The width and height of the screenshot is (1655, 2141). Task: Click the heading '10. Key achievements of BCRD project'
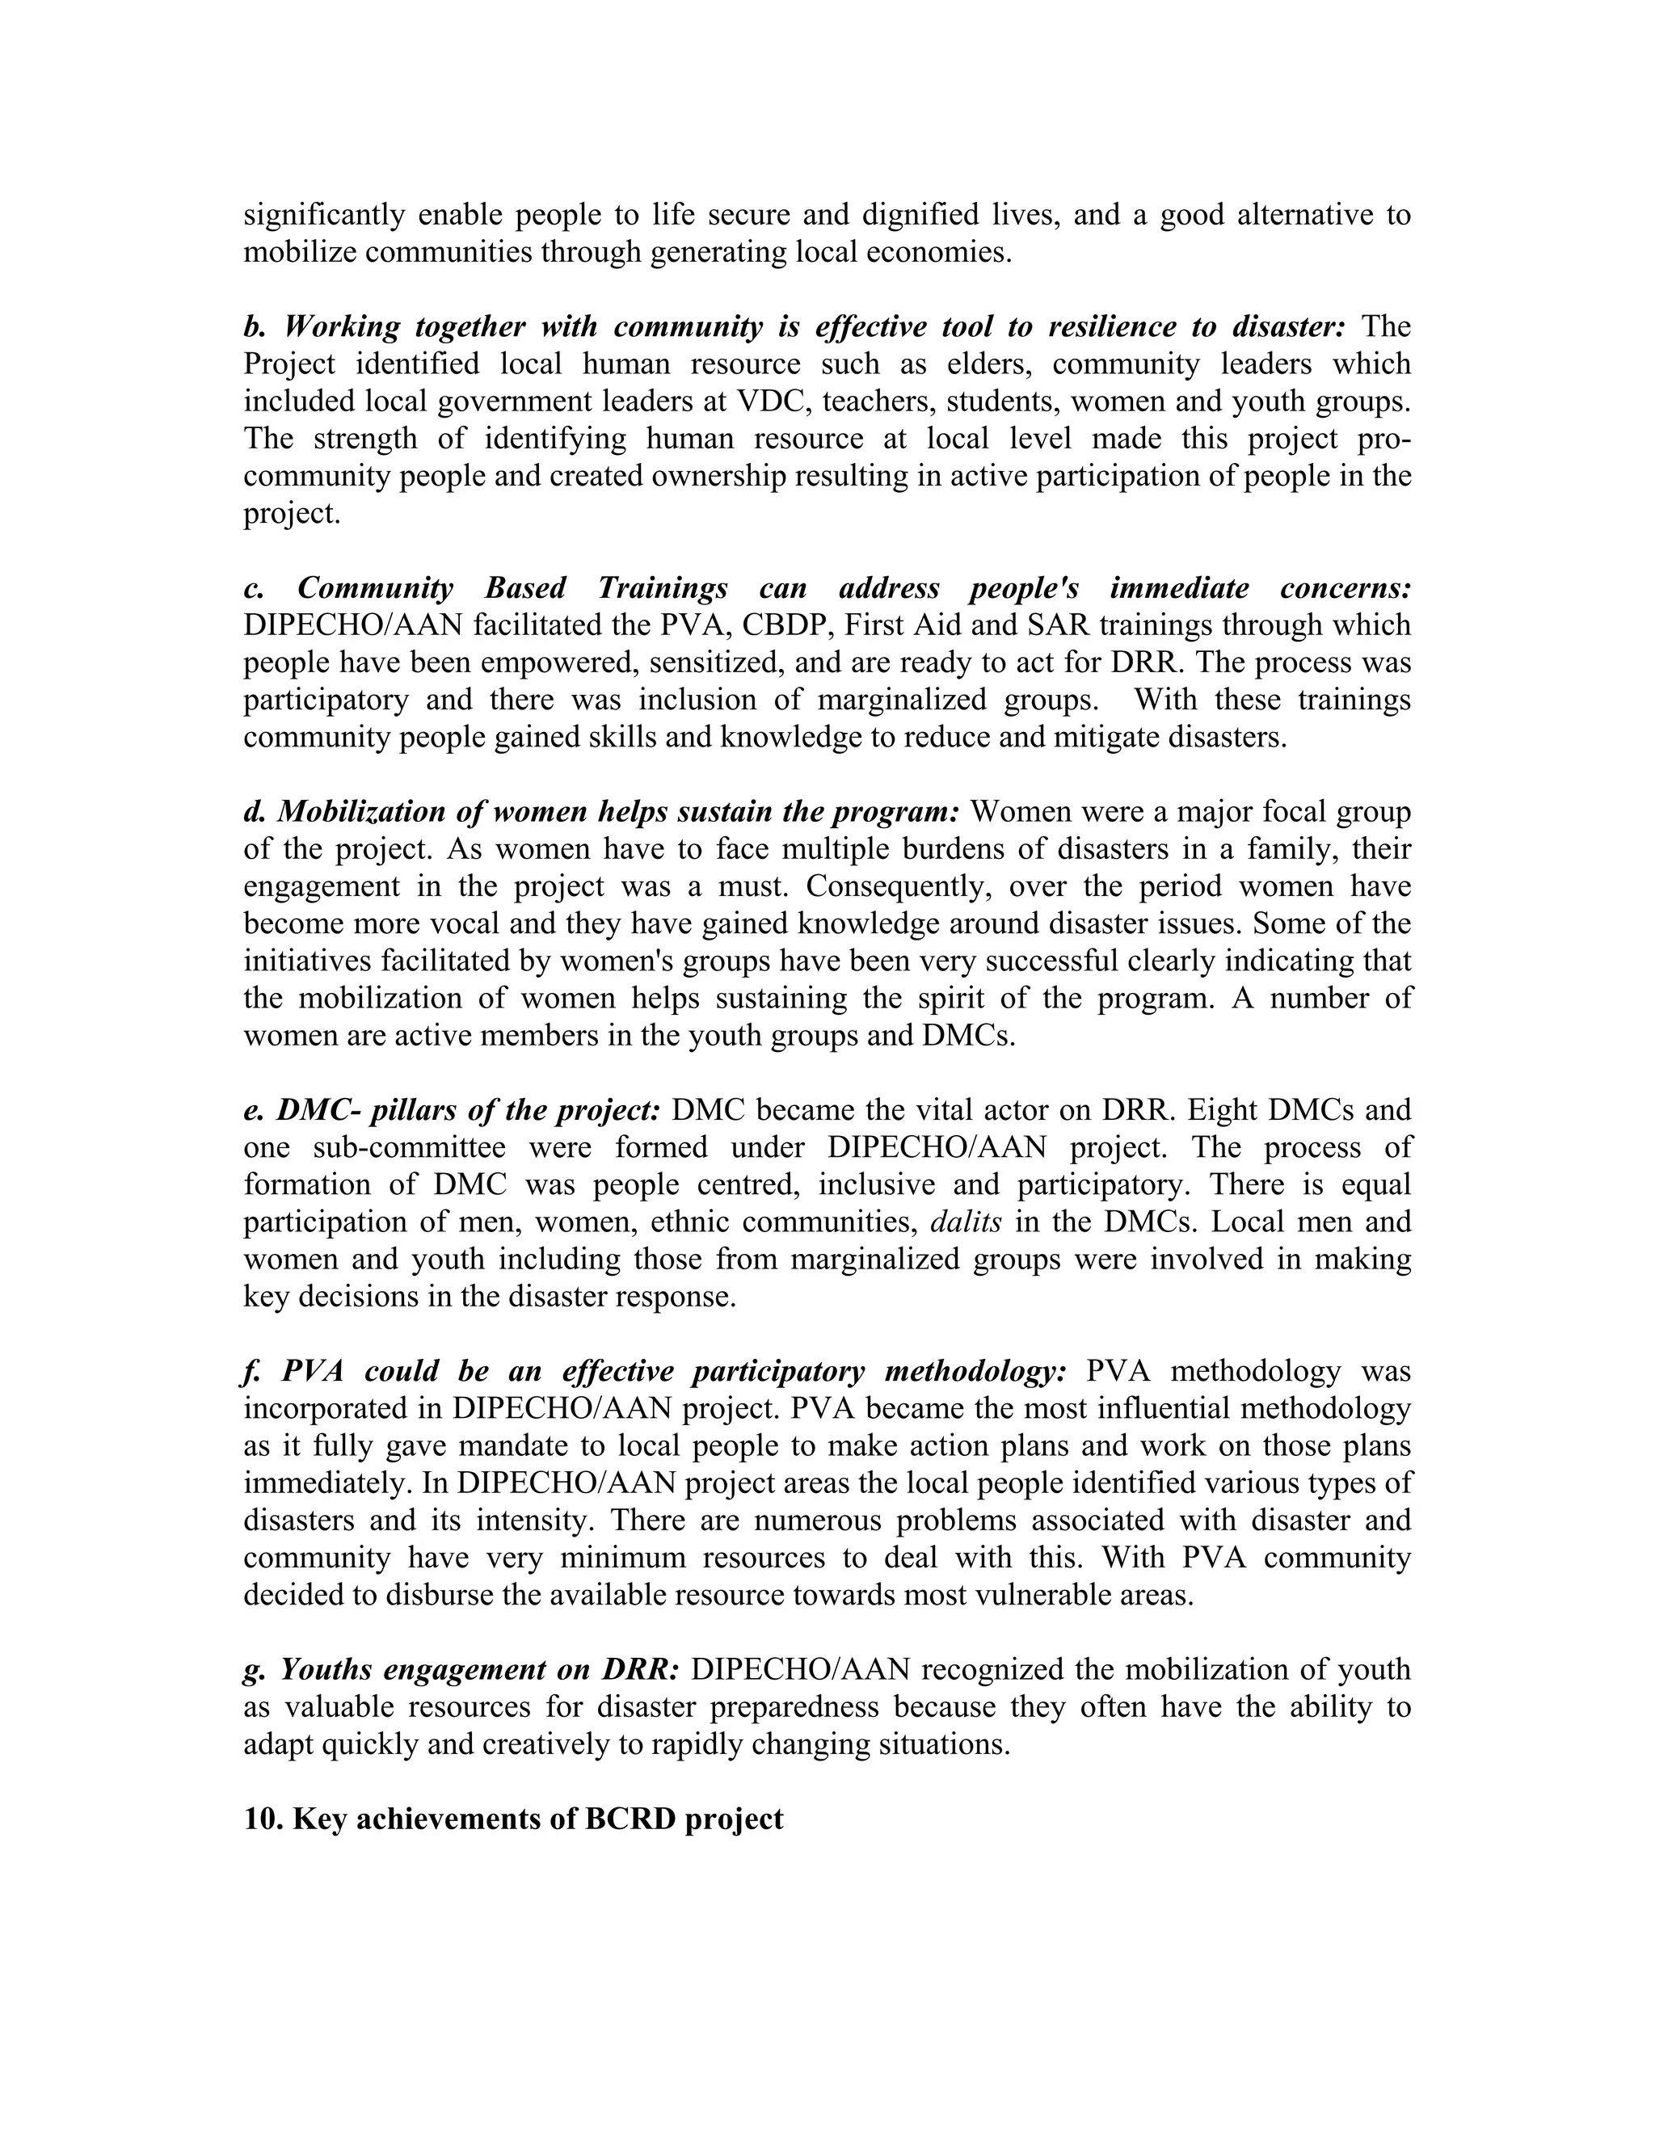(x=513, y=1819)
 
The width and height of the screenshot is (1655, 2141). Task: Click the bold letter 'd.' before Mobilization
(x=255, y=812)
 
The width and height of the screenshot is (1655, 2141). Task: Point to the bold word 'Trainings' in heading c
(x=663, y=587)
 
